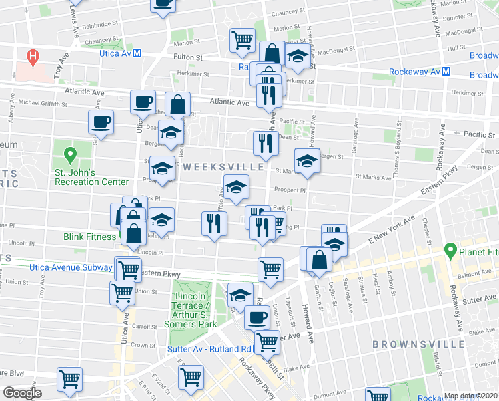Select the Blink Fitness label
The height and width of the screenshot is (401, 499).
pyautogui.click(x=91, y=237)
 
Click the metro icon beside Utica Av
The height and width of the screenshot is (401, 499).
pyautogui.click(x=137, y=53)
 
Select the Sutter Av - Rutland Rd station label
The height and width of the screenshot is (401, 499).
pyautogui.click(x=203, y=349)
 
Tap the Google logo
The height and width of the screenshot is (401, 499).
pyautogui.click(x=22, y=393)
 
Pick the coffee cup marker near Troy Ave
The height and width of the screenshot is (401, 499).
pyautogui.click(x=101, y=122)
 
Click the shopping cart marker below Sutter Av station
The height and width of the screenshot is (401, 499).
pyautogui.click(x=267, y=342)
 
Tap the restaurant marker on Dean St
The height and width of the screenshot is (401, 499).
pyautogui.click(x=265, y=142)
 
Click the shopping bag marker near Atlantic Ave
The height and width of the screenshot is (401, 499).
pyautogui.click(x=177, y=104)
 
